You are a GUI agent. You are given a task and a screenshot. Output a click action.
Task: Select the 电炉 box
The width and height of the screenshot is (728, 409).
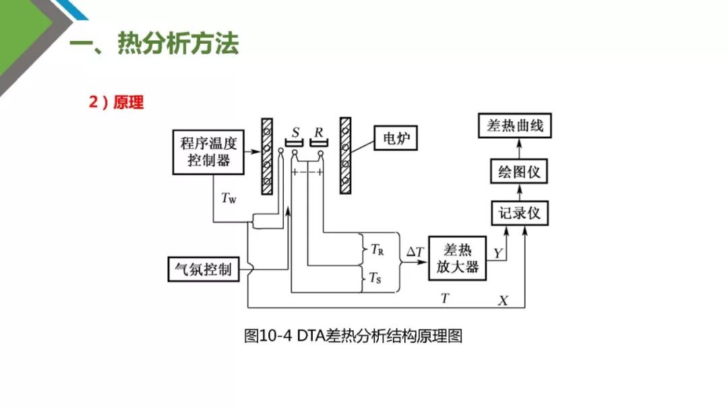pyautogui.click(x=396, y=139)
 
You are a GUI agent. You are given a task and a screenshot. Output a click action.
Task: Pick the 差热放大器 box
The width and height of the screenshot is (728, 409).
pyautogui.click(x=458, y=258)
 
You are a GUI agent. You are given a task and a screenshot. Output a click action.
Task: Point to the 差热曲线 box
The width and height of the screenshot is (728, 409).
pyautogui.click(x=519, y=126)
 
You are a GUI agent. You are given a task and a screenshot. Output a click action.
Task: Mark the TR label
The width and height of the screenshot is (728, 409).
pyautogui.click(x=377, y=249)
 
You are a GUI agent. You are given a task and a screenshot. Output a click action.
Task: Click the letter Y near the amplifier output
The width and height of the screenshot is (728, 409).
pyautogui.click(x=498, y=253)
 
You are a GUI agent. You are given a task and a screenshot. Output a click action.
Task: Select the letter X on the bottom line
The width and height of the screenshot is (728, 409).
pyautogui.click(x=503, y=300)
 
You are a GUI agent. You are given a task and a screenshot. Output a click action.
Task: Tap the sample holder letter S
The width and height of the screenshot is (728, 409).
pyautogui.click(x=296, y=131)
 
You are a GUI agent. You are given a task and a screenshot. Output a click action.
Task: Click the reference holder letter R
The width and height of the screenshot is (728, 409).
pyautogui.click(x=318, y=131)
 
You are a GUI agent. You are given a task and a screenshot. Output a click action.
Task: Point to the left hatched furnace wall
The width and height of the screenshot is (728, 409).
pyautogui.click(x=267, y=156)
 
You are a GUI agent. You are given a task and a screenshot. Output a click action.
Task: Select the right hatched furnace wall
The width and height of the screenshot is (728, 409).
pyautogui.click(x=346, y=155)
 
